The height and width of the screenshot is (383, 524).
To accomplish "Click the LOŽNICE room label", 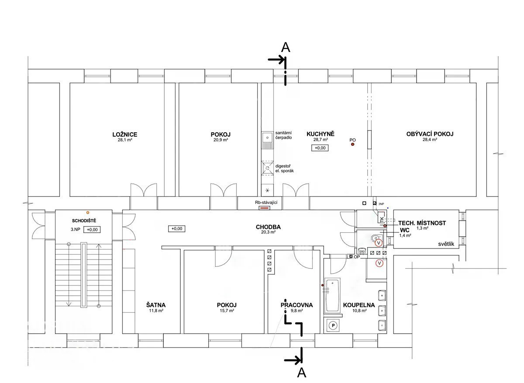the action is coord(125,135).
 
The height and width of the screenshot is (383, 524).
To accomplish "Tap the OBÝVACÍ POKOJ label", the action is coord(430,134).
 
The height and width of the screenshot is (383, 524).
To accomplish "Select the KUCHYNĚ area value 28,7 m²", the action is coord(321,140).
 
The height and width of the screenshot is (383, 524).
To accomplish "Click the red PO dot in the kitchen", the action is coord(352,145).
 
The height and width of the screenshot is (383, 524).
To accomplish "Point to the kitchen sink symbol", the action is coord(267,140).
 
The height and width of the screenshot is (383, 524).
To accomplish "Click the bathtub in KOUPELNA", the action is coord(332,296).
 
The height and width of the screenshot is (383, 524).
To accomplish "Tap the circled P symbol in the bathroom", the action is coord(333,325).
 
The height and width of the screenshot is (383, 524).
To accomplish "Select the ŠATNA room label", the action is coord(156,305).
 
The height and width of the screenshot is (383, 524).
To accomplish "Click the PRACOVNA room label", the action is coord(296,305).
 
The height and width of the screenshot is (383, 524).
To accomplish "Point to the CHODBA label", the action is coord(268,227).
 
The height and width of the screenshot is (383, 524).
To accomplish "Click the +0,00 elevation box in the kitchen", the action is coord(320,148).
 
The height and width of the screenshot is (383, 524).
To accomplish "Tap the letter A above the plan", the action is coord(286,48).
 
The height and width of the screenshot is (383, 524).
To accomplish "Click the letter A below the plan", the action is coord(302,373).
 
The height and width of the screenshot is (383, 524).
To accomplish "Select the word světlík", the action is coord(446,244).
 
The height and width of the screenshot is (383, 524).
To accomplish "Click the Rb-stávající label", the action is coord(266,202).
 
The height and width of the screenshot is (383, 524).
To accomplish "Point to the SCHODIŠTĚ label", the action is coord(84,221).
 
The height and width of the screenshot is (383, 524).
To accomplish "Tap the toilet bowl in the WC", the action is coord(374,238).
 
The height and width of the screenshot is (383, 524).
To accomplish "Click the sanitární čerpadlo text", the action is coord(283,135).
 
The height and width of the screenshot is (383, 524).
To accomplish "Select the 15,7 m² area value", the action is coord(227,311).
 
